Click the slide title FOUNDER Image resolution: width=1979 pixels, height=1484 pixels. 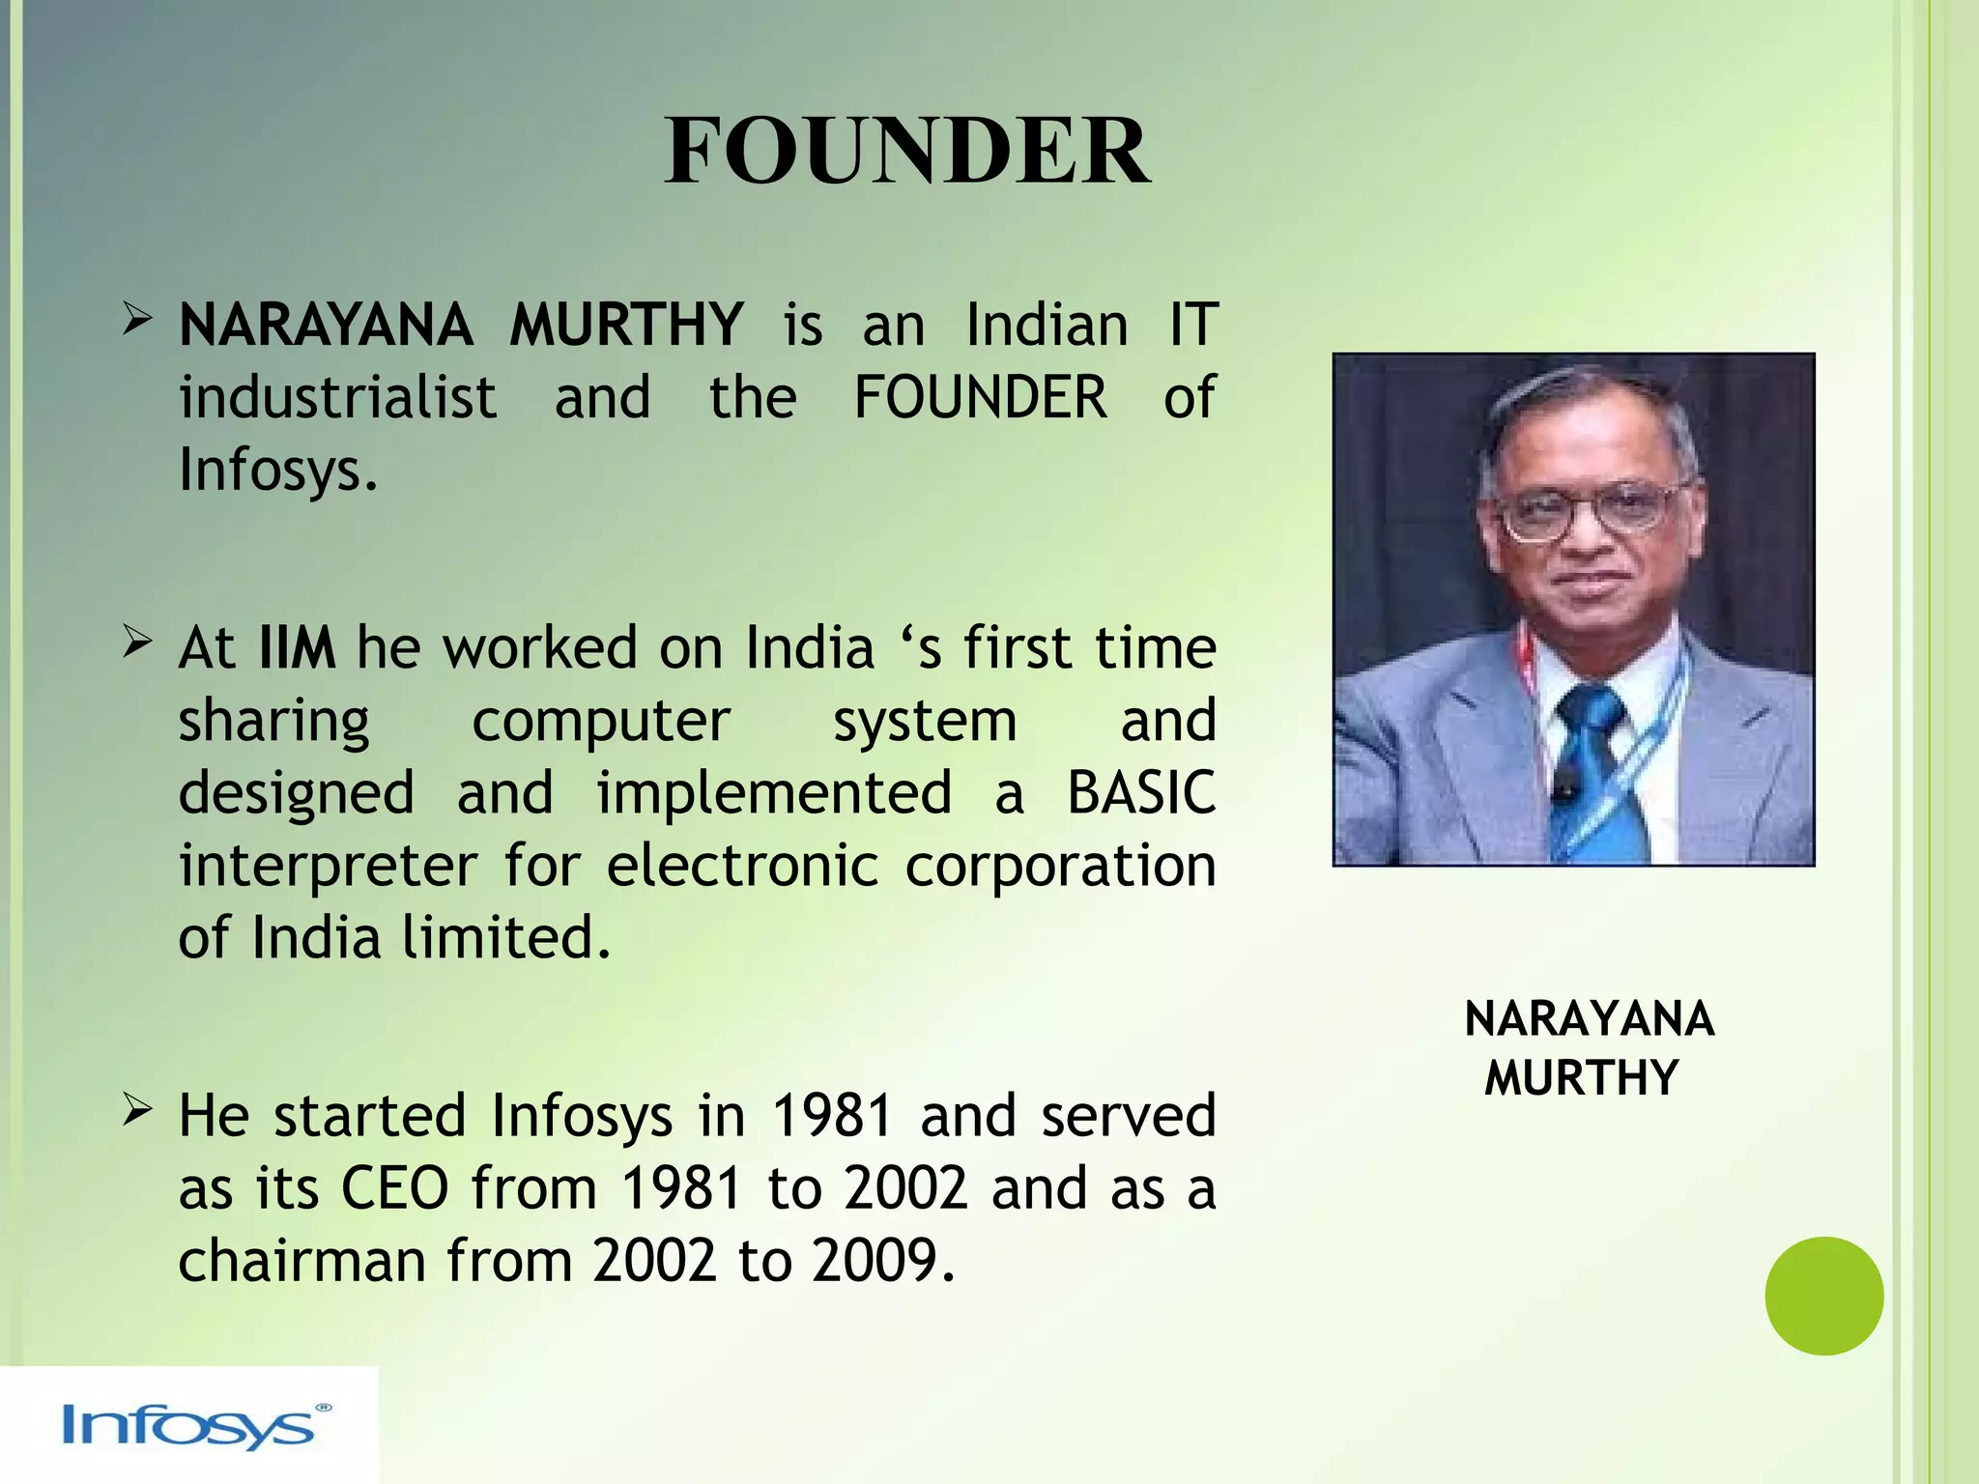click(906, 153)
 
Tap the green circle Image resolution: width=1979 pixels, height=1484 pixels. click(1823, 1296)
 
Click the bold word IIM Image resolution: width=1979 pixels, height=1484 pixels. click(297, 648)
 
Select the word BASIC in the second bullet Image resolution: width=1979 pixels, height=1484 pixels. click(1140, 793)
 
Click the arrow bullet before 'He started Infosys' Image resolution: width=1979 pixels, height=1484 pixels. click(137, 1112)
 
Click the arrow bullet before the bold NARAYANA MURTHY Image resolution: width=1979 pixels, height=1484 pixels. click(137, 321)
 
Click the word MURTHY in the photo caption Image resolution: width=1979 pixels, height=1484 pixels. click(1582, 1078)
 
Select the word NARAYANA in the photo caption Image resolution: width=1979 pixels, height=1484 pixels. click(1589, 1019)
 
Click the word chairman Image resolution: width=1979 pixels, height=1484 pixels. click(301, 1261)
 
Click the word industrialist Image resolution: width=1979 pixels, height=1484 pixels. click(337, 398)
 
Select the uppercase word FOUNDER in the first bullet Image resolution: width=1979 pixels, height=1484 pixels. click(980, 398)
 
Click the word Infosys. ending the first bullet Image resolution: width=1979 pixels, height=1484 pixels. click(277, 471)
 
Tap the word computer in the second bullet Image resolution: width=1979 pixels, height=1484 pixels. click(600, 722)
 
